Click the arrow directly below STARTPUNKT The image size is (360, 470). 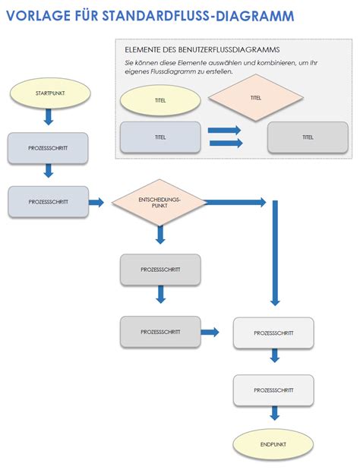(x=49, y=117)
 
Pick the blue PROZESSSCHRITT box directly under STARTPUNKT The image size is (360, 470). (x=48, y=148)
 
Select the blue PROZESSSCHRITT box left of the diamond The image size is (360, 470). (x=48, y=202)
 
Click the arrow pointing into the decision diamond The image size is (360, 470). (x=96, y=202)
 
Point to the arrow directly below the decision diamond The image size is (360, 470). (x=159, y=235)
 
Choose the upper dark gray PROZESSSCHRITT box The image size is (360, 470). (x=160, y=270)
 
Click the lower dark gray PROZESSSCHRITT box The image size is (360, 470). (x=160, y=332)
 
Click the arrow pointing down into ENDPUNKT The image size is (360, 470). (x=274, y=413)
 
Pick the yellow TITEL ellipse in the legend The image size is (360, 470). (x=160, y=101)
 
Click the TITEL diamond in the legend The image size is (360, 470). (x=255, y=98)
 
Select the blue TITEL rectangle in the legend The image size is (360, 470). (x=160, y=137)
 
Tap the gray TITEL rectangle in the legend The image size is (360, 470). (x=308, y=137)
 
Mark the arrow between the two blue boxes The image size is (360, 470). (x=49, y=172)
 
